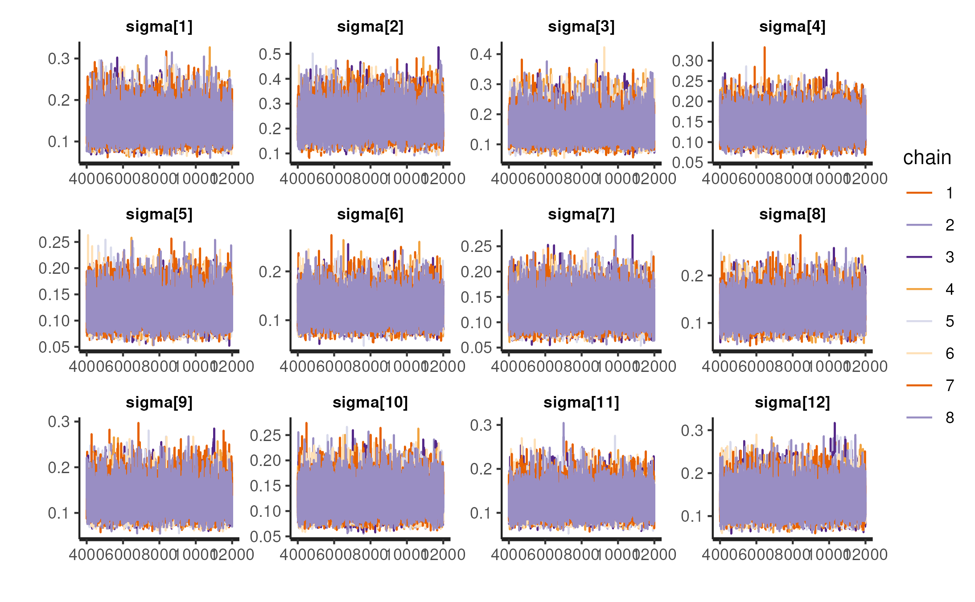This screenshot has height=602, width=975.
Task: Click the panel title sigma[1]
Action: [159, 27]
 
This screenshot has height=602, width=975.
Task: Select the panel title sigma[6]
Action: [370, 214]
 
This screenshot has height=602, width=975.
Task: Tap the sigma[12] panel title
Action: [792, 403]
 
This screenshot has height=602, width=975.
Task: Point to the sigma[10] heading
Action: [370, 403]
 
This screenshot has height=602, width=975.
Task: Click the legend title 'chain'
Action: [927, 158]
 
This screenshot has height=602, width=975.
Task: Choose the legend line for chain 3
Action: [919, 257]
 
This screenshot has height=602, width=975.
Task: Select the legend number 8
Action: [950, 417]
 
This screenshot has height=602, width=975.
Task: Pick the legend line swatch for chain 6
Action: [919, 353]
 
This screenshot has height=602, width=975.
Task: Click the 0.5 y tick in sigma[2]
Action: [270, 54]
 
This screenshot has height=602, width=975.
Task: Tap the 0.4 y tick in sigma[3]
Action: [481, 54]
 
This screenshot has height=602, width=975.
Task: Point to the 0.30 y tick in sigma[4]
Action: [687, 61]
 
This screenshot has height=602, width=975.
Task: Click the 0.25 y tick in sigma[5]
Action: [54, 242]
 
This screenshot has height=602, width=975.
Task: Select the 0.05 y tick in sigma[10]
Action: [265, 536]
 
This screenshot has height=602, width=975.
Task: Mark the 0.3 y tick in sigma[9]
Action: [59, 421]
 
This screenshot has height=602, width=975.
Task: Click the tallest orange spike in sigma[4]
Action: [764, 48]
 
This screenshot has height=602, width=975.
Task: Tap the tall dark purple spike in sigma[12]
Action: [835, 424]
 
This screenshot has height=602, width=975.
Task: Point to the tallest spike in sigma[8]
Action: [800, 236]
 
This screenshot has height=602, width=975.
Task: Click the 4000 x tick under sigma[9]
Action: [86, 554]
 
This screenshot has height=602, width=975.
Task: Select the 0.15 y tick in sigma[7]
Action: [476, 297]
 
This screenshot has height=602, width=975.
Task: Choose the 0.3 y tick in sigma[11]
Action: [481, 425]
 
